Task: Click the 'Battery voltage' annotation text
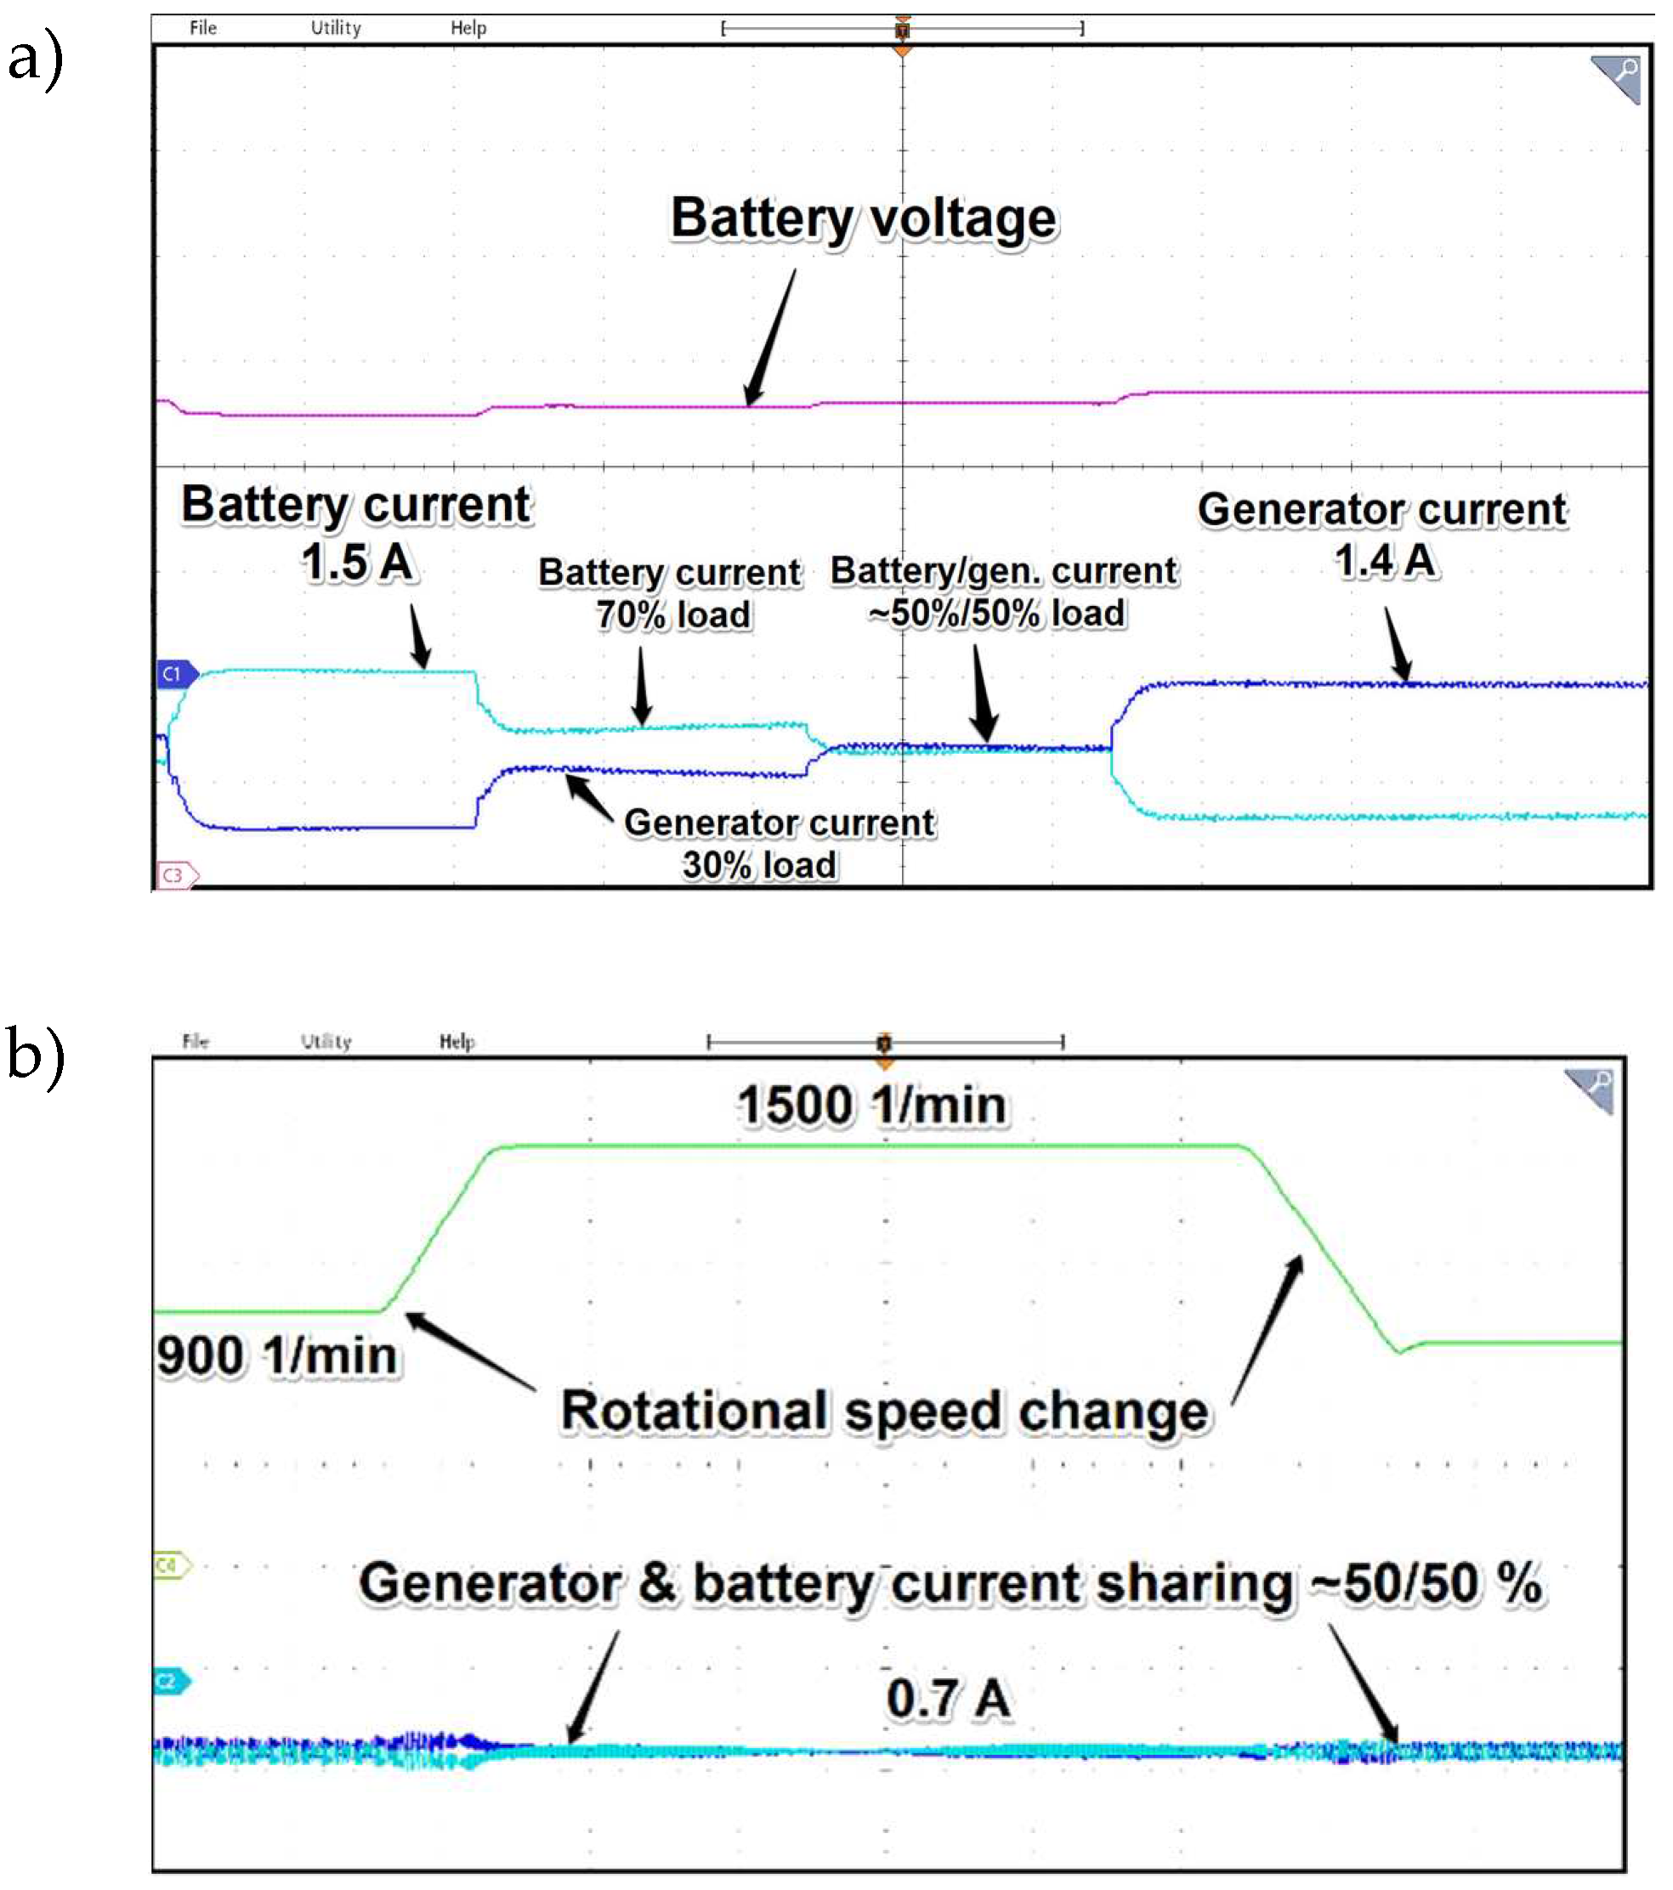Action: (x=863, y=219)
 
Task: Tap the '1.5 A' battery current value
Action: (x=357, y=563)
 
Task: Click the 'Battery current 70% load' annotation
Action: (x=671, y=594)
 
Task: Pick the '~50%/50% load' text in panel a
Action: (x=997, y=614)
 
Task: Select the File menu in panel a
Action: (x=202, y=28)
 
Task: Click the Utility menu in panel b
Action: (x=326, y=1041)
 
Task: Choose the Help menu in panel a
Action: (x=468, y=28)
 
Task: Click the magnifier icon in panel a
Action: (x=1617, y=77)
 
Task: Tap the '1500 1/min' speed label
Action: (x=871, y=1105)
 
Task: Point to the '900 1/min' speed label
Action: (x=276, y=1356)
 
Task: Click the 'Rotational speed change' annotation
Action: (x=884, y=1412)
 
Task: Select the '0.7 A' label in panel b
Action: (x=947, y=1699)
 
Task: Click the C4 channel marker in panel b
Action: (x=170, y=1565)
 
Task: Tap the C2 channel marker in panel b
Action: (x=170, y=1681)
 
